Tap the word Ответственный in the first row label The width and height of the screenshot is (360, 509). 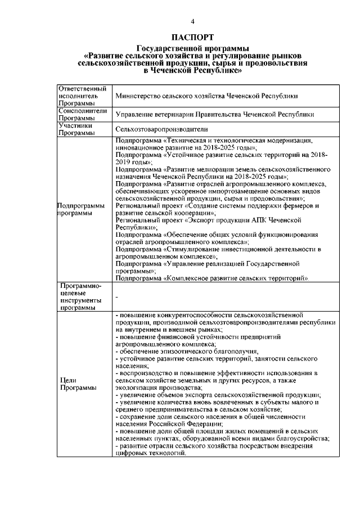[82, 89]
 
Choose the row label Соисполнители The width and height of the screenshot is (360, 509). [83, 111]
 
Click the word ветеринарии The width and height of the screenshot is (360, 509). [168, 115]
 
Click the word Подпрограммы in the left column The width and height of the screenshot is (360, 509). [79, 206]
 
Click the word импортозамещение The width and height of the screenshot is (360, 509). [218, 191]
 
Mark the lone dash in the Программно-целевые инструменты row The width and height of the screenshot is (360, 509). [116, 296]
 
